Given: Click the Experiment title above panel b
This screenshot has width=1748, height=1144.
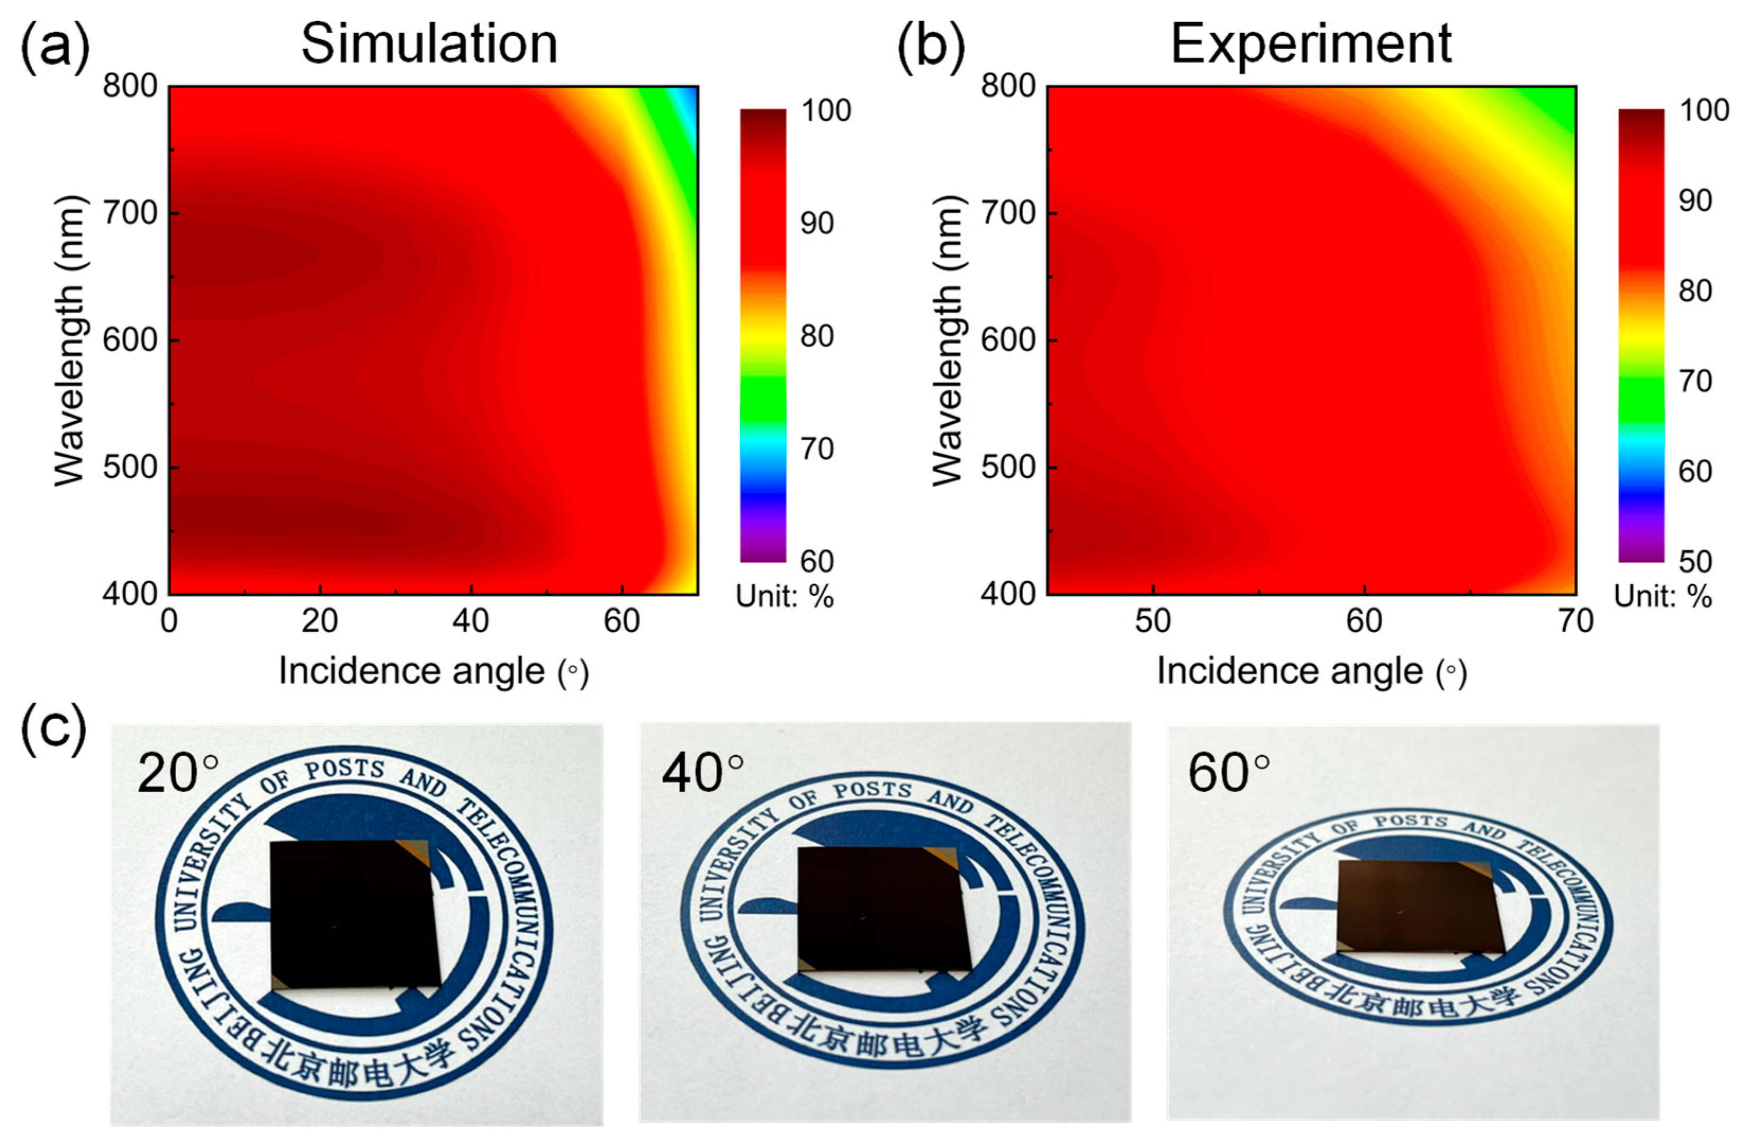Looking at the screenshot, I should click(1311, 44).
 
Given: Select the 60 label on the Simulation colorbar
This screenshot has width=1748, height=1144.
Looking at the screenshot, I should click(817, 561).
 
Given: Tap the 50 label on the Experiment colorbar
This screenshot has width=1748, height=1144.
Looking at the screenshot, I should click(1695, 561).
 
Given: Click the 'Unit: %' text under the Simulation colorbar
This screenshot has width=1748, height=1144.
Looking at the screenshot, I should click(785, 596).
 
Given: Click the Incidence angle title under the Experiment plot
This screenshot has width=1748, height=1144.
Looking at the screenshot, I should click(1311, 672).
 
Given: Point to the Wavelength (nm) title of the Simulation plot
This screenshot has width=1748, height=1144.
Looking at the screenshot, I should click(70, 340).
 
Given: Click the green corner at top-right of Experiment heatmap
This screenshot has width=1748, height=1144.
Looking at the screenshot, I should click(1557, 103).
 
